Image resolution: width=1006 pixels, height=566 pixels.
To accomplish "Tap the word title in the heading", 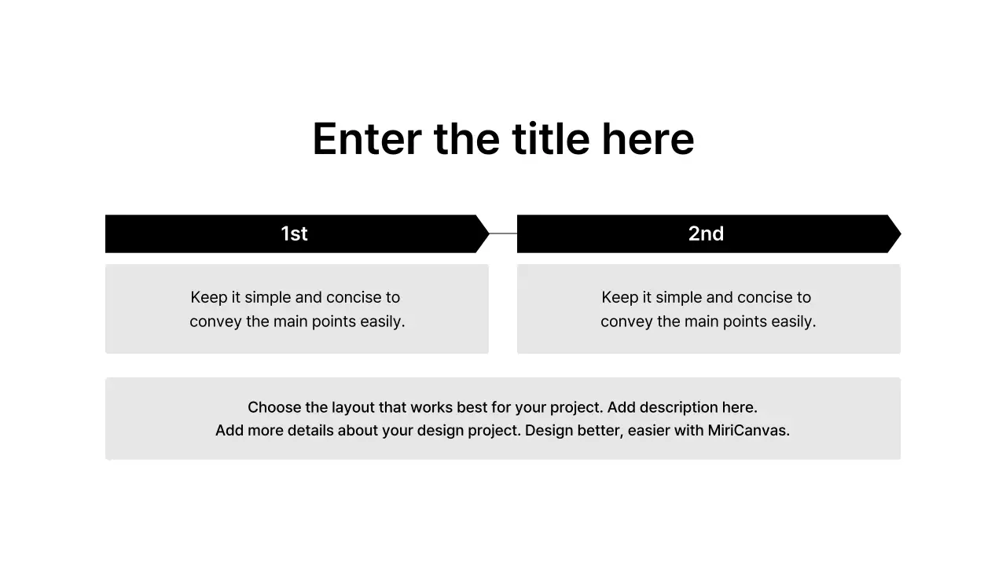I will tap(550, 139).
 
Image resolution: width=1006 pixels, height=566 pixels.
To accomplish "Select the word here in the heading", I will tap(648, 139).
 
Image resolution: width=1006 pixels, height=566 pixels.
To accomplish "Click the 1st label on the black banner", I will tap(294, 233).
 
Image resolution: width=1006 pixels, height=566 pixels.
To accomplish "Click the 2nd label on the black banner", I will tap(706, 233).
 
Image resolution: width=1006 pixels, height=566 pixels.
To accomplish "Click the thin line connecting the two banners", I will tap(503, 233).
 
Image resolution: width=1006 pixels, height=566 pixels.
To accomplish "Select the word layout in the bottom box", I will tap(353, 407).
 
